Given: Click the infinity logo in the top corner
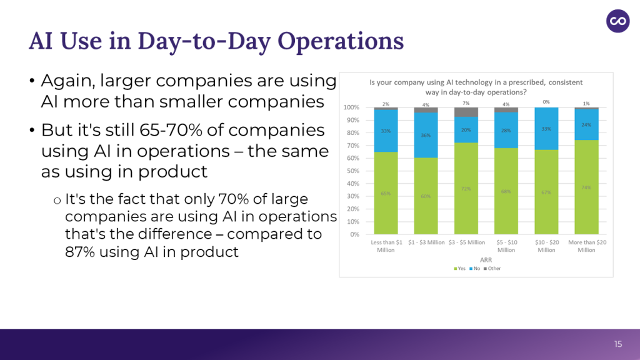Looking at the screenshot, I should click(x=618, y=21).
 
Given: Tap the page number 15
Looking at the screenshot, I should click(x=618, y=344).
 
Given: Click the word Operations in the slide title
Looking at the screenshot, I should click(x=341, y=41).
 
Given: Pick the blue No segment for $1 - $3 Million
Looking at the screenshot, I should click(x=426, y=135).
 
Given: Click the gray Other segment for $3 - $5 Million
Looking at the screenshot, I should click(x=466, y=112).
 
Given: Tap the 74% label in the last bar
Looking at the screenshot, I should click(x=586, y=187).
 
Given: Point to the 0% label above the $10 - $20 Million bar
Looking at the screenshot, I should click(x=546, y=101).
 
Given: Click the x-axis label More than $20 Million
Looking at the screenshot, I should click(x=586, y=246).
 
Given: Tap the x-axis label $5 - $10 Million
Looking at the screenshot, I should click(x=506, y=246).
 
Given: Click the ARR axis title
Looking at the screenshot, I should click(x=485, y=259).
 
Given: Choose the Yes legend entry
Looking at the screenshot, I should click(x=459, y=269).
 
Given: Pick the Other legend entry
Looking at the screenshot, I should click(x=492, y=269).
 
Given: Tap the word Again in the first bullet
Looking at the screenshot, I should click(x=69, y=81).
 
